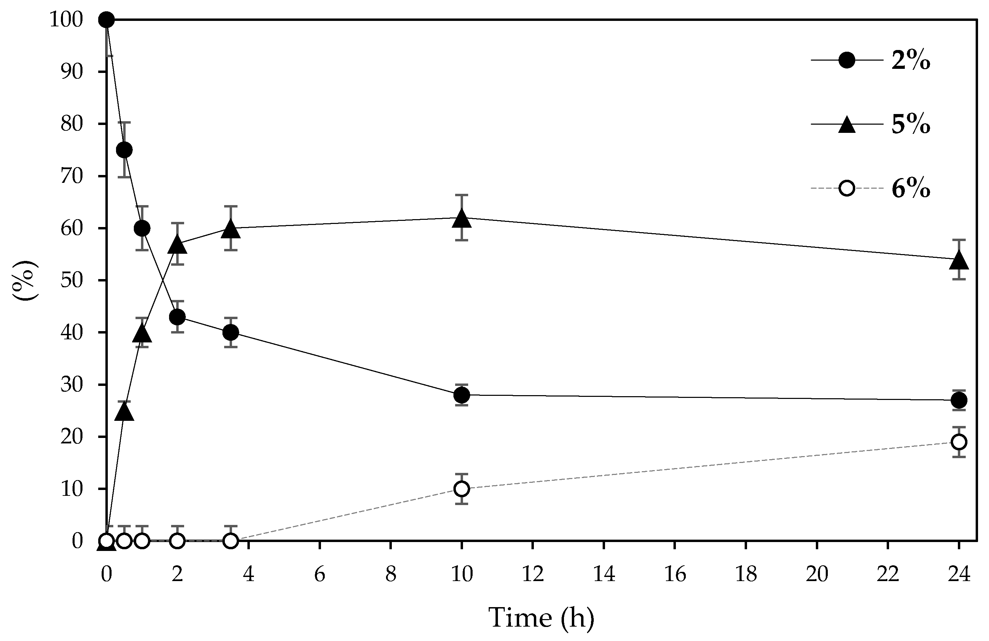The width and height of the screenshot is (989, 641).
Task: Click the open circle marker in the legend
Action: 847,188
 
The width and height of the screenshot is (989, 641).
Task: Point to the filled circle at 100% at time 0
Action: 106,20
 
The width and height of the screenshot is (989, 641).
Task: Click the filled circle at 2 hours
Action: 177,317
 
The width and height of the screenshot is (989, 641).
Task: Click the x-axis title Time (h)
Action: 541,617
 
